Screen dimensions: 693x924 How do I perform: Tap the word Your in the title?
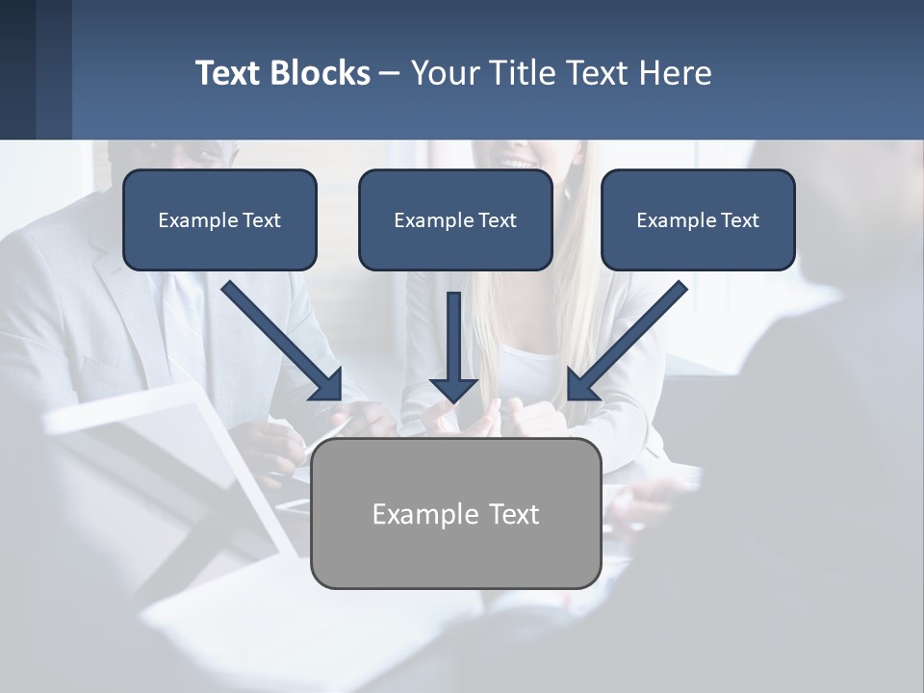(x=446, y=73)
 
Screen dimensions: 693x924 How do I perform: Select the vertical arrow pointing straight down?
(x=453, y=346)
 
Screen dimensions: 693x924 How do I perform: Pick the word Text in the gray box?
(x=513, y=514)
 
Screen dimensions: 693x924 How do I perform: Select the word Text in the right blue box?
(x=740, y=220)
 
